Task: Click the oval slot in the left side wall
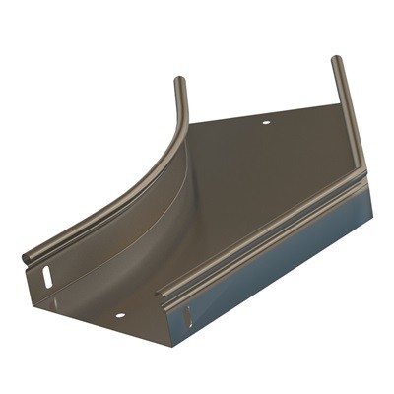pyautogui.click(x=46, y=277)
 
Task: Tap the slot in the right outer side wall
pyautogui.click(x=187, y=316)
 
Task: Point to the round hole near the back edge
pyautogui.click(x=265, y=123)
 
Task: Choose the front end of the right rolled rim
pyautogui.click(x=161, y=294)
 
